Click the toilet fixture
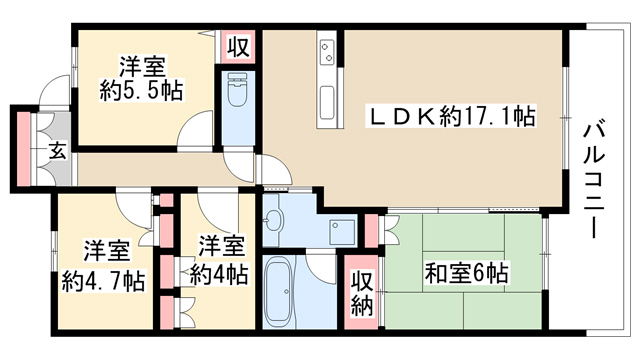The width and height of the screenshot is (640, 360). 238,91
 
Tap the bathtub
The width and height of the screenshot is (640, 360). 280,291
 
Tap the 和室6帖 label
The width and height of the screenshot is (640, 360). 466,273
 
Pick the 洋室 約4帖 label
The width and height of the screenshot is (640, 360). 220,260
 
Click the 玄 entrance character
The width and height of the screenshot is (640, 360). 58,151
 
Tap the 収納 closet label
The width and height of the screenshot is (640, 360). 362,293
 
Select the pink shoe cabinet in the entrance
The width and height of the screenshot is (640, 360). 24,149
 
